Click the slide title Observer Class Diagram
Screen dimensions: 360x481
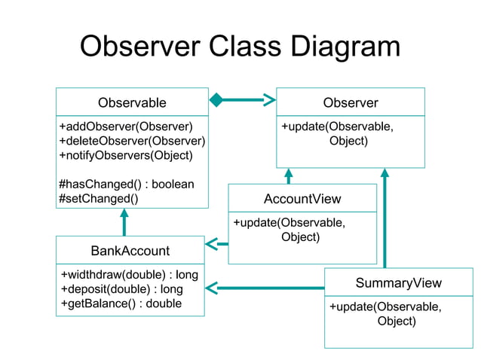pos(240,47)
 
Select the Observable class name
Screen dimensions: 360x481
pos(132,102)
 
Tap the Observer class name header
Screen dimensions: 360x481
pos(351,102)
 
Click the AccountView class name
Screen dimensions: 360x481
pos(302,199)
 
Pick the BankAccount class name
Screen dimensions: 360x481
pos(130,250)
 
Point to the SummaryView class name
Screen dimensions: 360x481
pos(398,283)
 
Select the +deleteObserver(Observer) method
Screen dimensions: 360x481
pos(132,141)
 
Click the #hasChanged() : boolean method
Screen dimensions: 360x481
pos(126,185)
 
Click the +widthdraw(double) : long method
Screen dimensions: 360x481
pos(129,274)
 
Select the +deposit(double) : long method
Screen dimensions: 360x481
pos(121,289)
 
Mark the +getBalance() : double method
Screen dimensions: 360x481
pos(121,304)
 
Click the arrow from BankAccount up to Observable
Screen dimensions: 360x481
pos(124,222)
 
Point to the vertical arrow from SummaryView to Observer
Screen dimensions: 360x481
pos(384,218)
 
